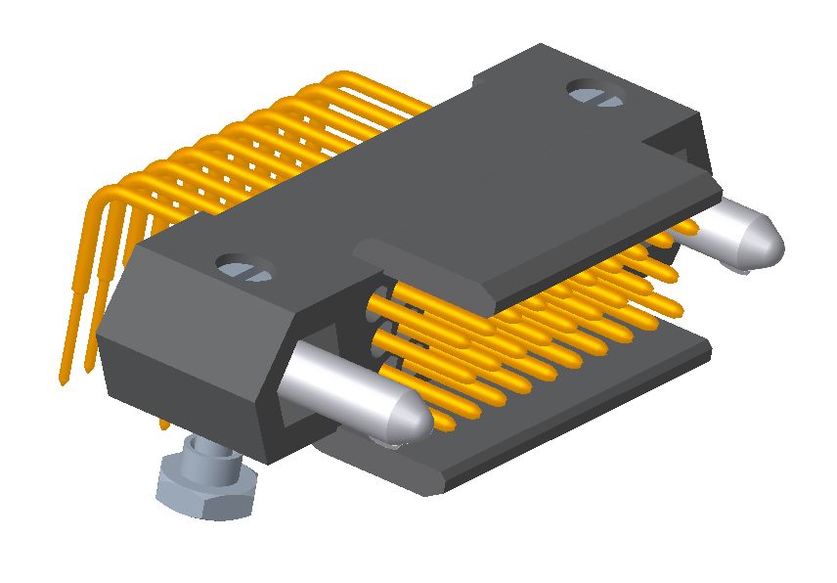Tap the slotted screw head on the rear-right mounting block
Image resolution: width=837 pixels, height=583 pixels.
click(595, 94)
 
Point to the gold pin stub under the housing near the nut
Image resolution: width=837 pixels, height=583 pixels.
click(164, 426)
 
